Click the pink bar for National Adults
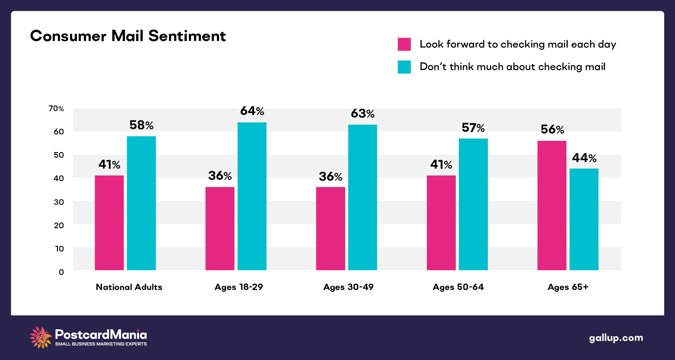[109, 223]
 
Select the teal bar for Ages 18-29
[252, 196]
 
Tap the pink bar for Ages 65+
[552, 205]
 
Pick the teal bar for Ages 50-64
[473, 204]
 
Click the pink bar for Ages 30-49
[331, 229]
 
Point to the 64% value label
[252, 111]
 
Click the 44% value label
[584, 158]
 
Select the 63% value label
[363, 114]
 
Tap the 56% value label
[552, 130]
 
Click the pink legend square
[404, 45]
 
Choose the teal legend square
[404, 67]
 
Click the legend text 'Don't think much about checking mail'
[513, 67]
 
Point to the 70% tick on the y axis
[56, 108]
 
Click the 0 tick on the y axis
[61, 272]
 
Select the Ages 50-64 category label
[458, 287]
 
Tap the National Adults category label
[129, 287]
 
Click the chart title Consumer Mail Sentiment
[128, 36]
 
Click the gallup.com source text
[616, 338]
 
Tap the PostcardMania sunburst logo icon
[41, 337]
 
